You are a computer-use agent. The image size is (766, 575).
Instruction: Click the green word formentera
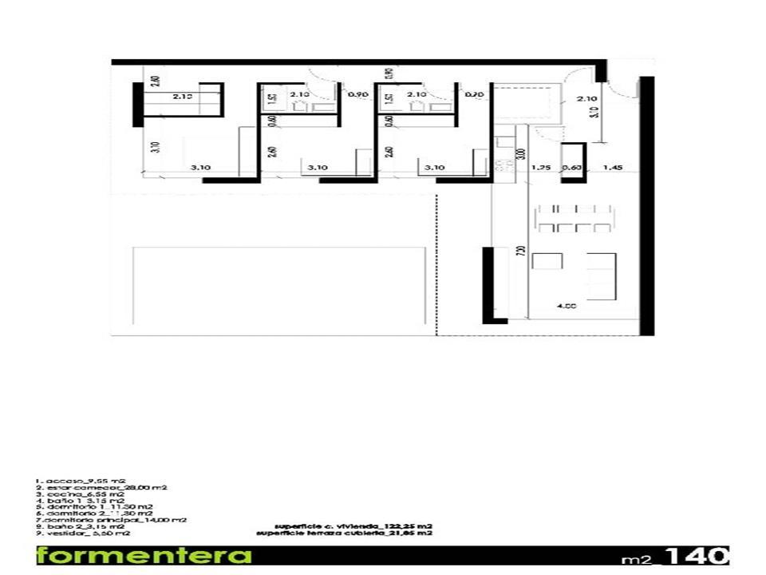point(144,556)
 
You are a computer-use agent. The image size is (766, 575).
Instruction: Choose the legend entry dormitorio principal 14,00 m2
point(111,519)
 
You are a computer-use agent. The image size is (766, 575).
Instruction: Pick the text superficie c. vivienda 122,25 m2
point(355,525)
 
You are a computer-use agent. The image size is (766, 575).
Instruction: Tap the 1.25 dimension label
point(541,168)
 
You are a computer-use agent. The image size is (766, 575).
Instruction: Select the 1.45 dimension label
point(613,168)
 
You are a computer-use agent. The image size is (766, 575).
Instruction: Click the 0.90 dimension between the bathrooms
point(358,95)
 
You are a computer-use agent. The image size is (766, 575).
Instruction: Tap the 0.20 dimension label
point(476,95)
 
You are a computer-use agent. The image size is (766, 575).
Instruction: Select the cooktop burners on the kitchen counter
point(503,167)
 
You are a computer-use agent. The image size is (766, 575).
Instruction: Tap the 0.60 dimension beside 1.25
point(571,168)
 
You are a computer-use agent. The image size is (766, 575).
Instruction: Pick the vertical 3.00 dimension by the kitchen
point(521,153)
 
